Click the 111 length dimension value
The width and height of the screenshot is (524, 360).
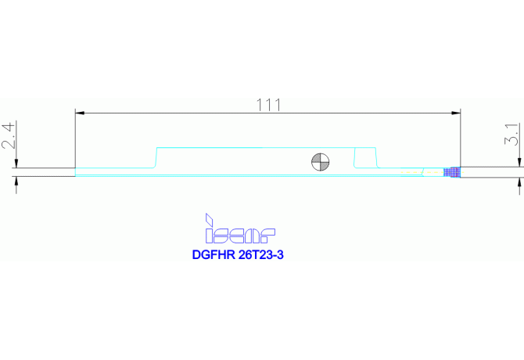coord(269,105)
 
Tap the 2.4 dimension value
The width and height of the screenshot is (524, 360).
coord(9,135)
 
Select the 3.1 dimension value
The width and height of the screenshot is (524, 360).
coord(512,134)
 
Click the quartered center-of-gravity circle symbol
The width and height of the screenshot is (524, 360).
coord(320,162)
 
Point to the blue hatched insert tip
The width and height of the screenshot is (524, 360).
coord(452,172)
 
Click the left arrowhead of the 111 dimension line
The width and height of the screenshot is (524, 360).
coord(80,113)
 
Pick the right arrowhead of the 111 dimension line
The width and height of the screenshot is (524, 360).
coord(456,113)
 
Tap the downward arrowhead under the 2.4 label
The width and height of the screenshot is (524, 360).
coord(16,164)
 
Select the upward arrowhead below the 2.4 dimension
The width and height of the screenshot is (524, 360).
coord(16,181)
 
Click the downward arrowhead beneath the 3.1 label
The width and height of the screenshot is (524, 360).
coord(519,163)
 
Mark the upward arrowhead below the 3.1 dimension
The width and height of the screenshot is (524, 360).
coord(519,182)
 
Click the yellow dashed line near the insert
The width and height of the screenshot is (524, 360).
coord(422,172)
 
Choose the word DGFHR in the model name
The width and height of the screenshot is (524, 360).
coord(214,254)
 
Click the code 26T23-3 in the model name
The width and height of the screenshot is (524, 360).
coord(261,254)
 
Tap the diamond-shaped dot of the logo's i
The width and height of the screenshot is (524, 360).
coord(209,219)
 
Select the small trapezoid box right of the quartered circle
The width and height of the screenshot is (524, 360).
coord(365,157)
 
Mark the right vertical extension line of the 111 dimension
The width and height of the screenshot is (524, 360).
coord(461,138)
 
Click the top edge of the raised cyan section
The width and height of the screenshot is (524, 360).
coord(267,147)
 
